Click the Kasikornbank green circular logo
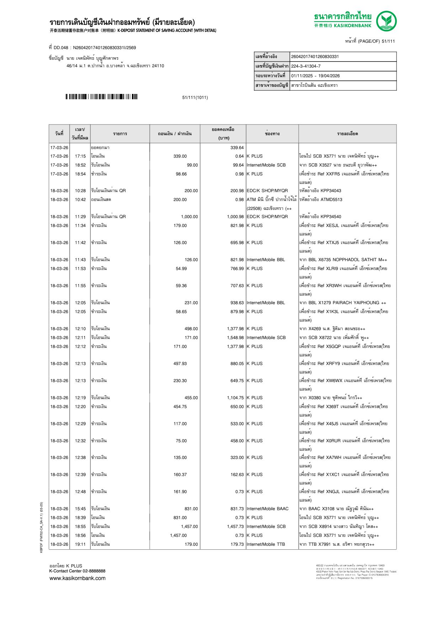point(386,21)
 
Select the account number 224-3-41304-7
point(306,66)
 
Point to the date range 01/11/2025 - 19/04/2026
point(315,76)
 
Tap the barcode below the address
point(101,97)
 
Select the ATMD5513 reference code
point(331,200)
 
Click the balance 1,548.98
point(235,338)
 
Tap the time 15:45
point(80,509)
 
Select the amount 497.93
point(180,364)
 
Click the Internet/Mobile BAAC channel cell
point(267,509)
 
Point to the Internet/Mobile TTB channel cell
point(266,544)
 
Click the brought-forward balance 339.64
point(237,148)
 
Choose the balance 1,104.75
point(235,398)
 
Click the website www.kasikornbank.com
point(78,578)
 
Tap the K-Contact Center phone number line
point(77,571)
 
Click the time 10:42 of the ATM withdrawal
point(80,200)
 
